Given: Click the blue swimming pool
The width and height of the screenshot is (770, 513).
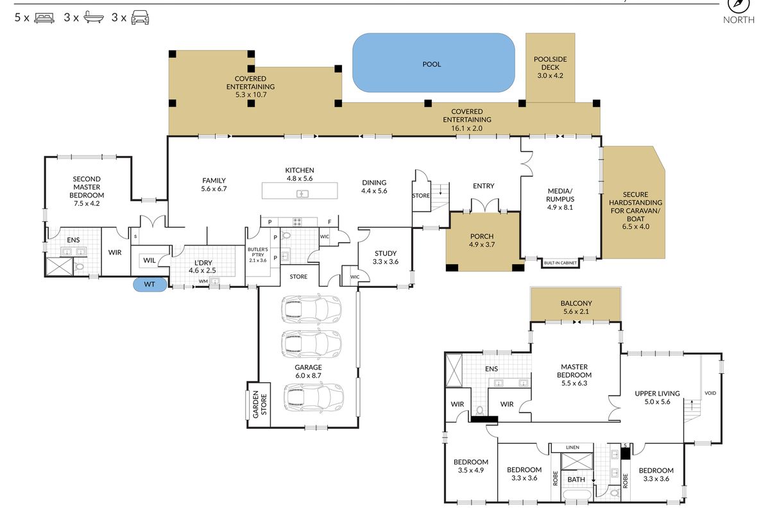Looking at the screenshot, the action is pos(434,63).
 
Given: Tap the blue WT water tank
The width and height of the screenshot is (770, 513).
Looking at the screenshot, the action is pos(150,285).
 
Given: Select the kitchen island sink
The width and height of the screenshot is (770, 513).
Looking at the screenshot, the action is pos(302,194).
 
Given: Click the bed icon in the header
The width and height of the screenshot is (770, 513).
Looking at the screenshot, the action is pos(44,18).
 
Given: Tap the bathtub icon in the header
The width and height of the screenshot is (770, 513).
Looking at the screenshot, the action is pos(94,17).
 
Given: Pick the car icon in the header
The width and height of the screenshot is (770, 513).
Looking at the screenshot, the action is pos(141,17).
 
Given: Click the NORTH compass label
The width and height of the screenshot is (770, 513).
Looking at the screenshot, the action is pos(739,20).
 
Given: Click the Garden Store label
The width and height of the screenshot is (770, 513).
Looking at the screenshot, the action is pos(260,405).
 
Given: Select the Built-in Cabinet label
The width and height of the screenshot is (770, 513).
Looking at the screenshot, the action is pos(560,263).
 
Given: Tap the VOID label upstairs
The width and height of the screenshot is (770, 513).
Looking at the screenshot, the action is pos(710,393).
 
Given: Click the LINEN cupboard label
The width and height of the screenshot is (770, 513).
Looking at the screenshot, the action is pos(572,448).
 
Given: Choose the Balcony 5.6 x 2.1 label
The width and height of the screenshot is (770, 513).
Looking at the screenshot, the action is pos(576,308).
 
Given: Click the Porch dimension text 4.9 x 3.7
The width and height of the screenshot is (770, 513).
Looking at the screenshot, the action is pos(482,245).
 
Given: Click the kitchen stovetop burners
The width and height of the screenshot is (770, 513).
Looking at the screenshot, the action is pos(297,222).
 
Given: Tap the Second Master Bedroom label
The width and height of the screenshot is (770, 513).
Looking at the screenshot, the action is pos(87,191).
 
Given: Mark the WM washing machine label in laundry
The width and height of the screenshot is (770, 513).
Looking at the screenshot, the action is pos(203,282).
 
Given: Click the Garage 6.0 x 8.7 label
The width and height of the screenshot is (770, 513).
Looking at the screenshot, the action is pos(309,371).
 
